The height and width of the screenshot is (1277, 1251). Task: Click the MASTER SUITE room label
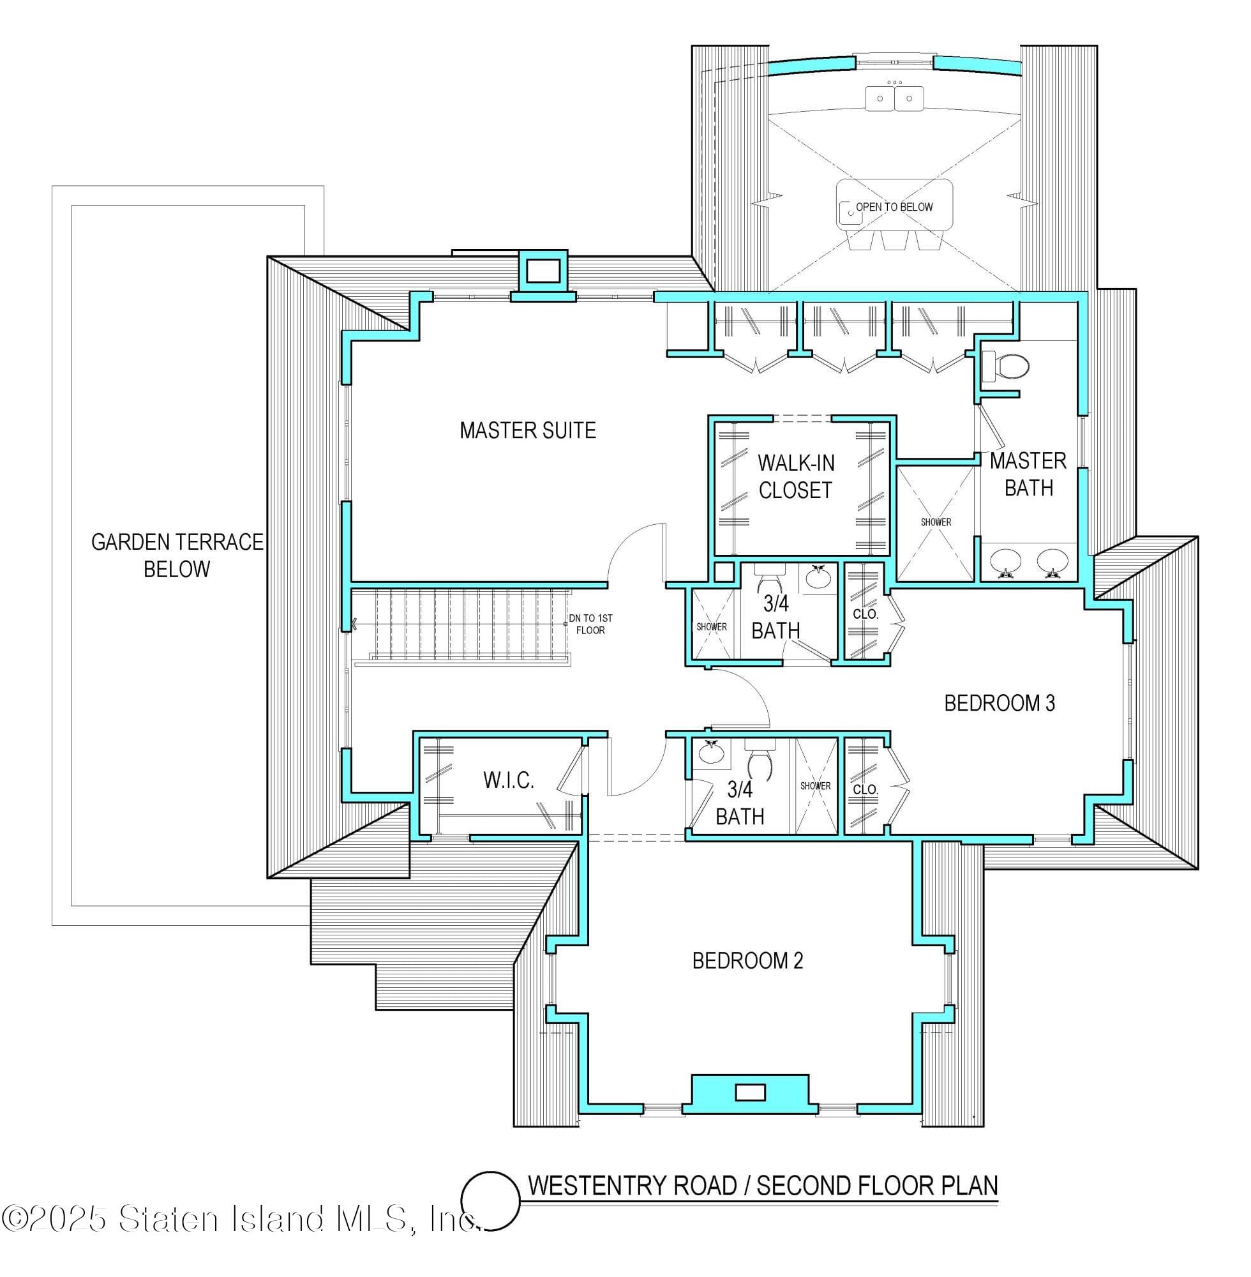(528, 430)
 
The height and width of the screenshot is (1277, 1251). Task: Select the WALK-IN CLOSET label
(796, 476)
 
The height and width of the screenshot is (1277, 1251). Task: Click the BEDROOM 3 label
(999, 703)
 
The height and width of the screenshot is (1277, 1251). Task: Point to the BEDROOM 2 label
(747, 961)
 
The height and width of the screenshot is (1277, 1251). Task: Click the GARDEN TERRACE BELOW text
(177, 555)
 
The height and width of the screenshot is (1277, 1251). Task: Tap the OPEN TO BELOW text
(894, 207)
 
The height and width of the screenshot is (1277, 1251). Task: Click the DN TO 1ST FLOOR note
(590, 624)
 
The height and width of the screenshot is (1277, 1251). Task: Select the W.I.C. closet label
(508, 780)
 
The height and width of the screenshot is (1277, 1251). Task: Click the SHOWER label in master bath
(936, 522)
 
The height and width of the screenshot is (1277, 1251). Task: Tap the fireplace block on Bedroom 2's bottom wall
(750, 1092)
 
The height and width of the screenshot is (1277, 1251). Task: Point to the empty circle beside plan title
(490, 1201)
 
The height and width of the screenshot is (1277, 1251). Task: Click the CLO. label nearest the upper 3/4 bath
(865, 614)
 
